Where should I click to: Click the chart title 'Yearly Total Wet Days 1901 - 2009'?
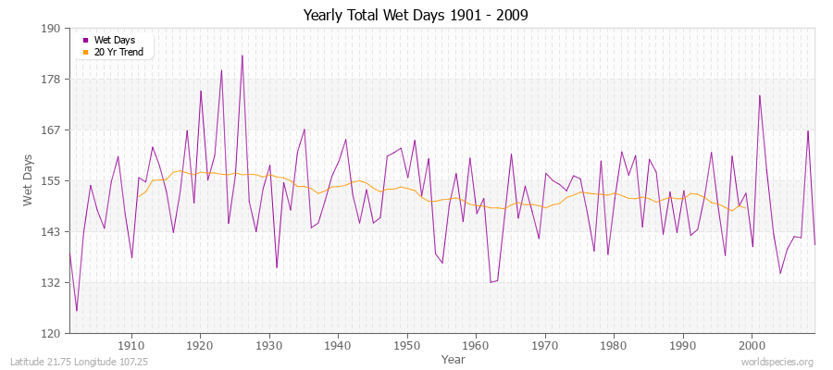(416, 16)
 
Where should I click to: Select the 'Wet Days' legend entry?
(114, 40)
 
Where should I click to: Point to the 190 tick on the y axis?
(51, 29)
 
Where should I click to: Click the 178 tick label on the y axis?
(51, 80)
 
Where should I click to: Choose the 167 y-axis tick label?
(51, 130)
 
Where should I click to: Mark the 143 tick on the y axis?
(51, 231)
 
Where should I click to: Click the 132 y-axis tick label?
(51, 282)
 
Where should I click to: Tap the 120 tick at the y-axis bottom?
(51, 333)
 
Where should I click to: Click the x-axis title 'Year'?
(454, 359)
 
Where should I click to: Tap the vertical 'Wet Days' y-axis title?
(29, 180)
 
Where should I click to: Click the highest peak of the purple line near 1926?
(242, 55)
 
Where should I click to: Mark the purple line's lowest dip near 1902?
(77, 311)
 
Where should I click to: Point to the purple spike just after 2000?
(760, 95)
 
